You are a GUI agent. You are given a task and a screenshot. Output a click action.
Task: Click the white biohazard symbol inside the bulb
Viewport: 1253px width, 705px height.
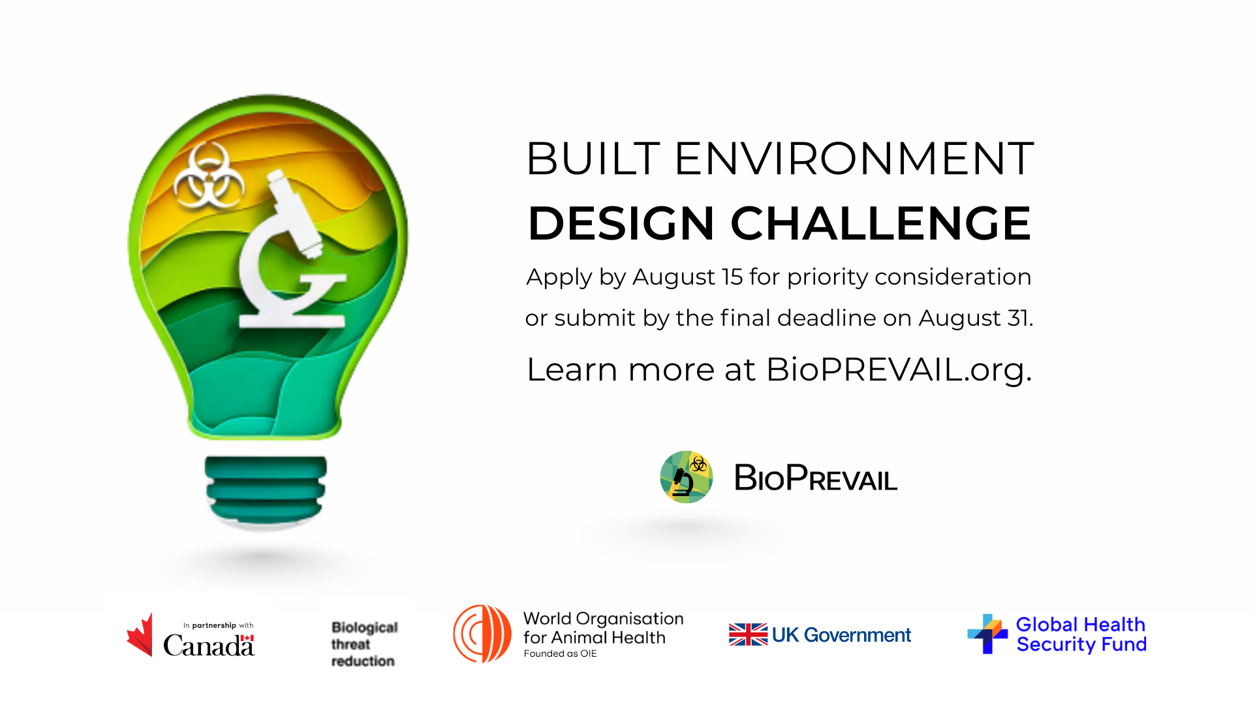click(209, 175)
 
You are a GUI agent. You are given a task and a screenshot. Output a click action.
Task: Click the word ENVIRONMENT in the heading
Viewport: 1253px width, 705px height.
click(854, 159)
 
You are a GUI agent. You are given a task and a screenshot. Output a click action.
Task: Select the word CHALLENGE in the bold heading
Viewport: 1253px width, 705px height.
click(880, 223)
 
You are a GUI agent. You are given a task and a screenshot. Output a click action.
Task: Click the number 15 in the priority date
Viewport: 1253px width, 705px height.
click(732, 277)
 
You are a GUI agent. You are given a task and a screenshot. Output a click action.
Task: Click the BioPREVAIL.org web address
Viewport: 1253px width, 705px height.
click(899, 369)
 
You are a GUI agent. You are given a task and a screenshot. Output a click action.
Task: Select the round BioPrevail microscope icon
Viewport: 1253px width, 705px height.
click(687, 477)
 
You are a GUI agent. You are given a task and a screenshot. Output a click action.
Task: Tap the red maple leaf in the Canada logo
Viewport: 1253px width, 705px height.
click(140, 634)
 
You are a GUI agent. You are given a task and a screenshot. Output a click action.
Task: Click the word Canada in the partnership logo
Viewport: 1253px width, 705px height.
click(209, 646)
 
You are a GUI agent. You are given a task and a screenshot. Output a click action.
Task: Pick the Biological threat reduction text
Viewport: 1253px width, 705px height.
click(364, 644)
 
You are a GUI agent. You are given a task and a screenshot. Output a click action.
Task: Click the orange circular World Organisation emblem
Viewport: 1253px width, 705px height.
click(482, 634)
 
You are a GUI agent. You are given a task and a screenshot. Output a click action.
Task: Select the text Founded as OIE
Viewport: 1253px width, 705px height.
click(560, 653)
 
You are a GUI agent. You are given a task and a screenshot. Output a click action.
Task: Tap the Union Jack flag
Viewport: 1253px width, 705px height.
click(748, 634)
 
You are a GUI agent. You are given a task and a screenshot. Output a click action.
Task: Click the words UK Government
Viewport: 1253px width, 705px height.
click(841, 635)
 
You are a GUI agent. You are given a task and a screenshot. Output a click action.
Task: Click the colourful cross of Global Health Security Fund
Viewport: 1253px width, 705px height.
click(987, 633)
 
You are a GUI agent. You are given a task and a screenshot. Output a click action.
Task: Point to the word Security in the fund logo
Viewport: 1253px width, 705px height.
click(1056, 645)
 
